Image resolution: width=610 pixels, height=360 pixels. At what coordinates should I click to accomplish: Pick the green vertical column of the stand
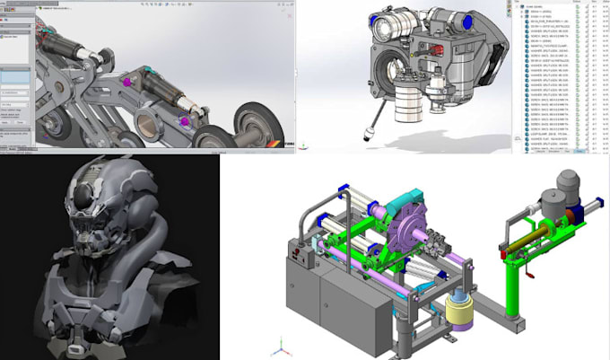click(516, 287)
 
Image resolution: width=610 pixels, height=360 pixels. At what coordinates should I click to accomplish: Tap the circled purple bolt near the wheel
click(183, 121)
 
